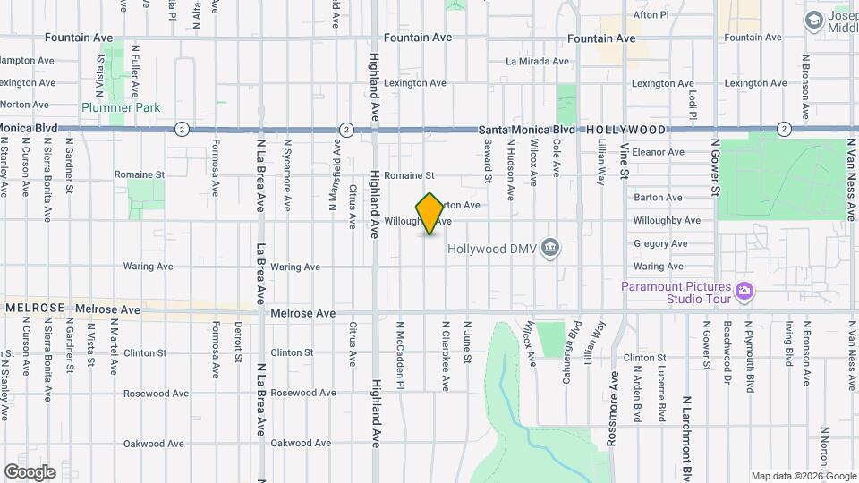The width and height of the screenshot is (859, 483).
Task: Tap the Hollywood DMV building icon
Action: [x=551, y=248]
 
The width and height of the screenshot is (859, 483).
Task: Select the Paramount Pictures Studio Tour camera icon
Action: [x=744, y=290]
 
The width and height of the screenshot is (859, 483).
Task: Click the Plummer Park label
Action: [x=120, y=107]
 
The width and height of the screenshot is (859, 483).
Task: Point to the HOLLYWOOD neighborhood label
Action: [x=626, y=130]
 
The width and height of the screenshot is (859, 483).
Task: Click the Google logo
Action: [x=30, y=472]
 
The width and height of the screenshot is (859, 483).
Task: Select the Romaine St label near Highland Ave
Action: [x=409, y=175]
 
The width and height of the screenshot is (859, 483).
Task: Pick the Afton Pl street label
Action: [x=651, y=15]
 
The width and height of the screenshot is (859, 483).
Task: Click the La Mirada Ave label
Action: [x=537, y=62]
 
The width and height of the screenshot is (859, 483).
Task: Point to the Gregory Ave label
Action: [x=659, y=243]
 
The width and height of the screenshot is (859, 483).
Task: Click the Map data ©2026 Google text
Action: [x=803, y=476]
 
